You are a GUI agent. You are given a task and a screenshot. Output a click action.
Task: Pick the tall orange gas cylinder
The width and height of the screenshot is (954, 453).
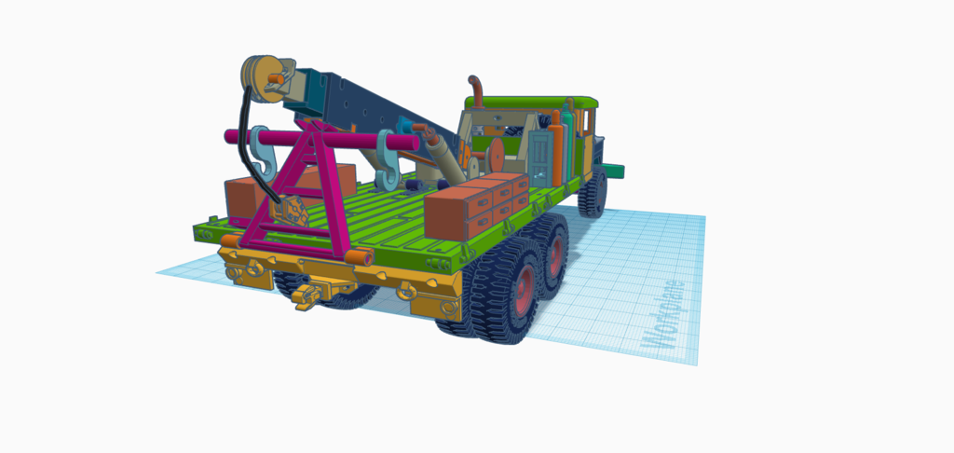[555, 149]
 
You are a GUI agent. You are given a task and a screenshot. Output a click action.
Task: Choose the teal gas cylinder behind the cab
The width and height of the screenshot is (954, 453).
[568, 144]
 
